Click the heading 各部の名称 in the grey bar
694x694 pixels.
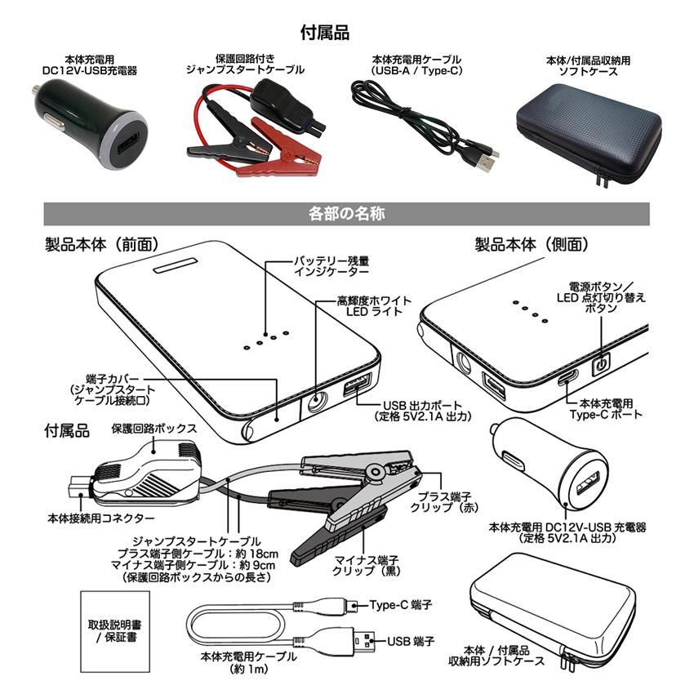coord(347,214)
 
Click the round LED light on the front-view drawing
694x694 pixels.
coord(318,401)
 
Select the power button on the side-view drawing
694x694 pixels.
coord(601,363)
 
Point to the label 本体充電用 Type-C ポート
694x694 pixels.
coord(607,409)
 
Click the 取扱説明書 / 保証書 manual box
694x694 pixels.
coord(112,629)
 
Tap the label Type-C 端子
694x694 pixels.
coord(400,605)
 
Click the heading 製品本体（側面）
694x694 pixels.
coord(532,244)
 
